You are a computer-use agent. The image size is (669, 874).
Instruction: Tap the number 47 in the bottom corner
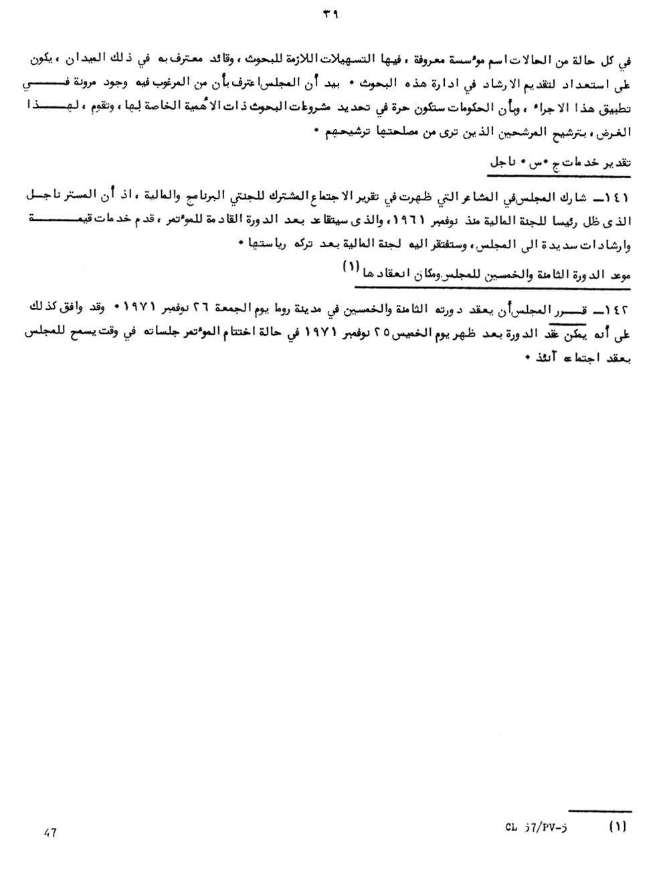[50, 833]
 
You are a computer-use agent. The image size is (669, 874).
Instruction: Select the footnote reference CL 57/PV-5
[536, 826]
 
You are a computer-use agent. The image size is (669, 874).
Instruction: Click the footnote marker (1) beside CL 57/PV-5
[617, 826]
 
